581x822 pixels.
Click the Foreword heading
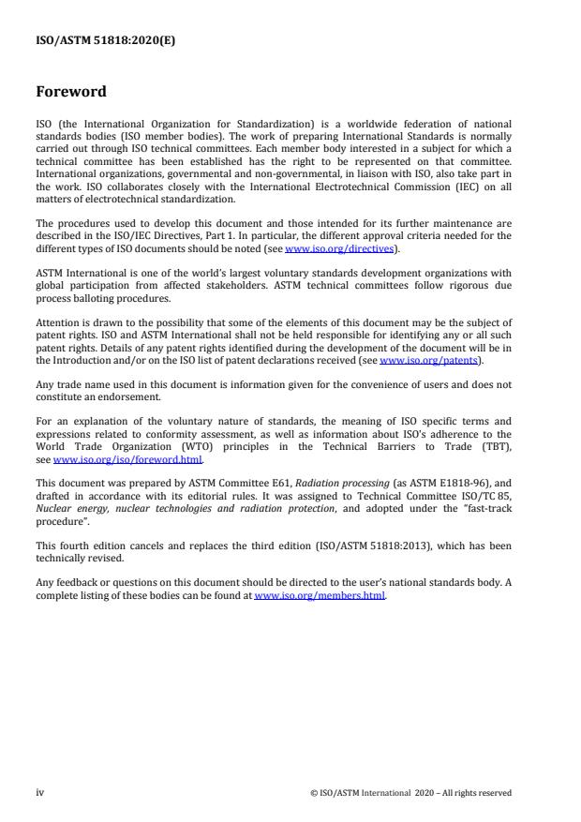[x=71, y=92]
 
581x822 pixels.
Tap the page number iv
[x=40, y=792]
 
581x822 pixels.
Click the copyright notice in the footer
[x=410, y=793]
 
